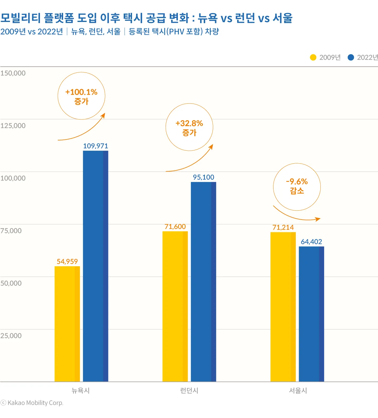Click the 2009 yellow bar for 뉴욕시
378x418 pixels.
coord(67,324)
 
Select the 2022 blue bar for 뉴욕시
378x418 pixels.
coord(95,266)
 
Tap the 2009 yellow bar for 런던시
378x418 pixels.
coord(175,306)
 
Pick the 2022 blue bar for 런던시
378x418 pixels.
coord(203,282)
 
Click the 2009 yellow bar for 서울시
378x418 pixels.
coord(283,307)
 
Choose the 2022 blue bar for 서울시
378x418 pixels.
coord(311,314)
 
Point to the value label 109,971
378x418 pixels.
coord(95,146)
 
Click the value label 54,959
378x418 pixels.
coord(67,262)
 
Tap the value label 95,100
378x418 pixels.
coord(203,177)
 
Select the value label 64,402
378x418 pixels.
coord(311,242)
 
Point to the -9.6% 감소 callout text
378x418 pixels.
coord(297,186)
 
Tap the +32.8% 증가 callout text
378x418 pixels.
coord(189,128)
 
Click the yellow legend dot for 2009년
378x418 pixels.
coord(313,58)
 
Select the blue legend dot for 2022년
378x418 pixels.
coord(351,58)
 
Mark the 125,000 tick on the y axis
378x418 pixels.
coord(13,126)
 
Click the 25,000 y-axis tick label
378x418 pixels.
coord(11,336)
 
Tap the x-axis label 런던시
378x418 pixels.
coord(189,390)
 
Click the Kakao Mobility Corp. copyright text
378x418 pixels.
coord(32,403)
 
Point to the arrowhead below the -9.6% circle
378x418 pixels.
coord(318,219)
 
